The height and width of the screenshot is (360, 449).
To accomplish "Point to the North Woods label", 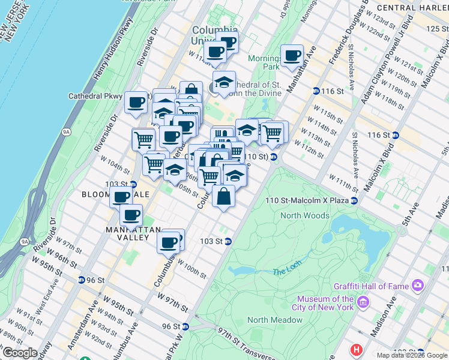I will coord(305,215).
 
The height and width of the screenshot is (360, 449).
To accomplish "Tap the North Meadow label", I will coord(274,320).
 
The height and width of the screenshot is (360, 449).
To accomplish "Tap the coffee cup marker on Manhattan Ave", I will coord(292,56).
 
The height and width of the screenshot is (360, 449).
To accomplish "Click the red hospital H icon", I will coord(357,349).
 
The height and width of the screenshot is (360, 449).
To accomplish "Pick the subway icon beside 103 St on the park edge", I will coord(229,241).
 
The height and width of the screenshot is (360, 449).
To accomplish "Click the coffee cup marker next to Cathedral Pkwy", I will coord(136,101).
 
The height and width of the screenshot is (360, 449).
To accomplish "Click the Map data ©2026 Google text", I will coord(412,355).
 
